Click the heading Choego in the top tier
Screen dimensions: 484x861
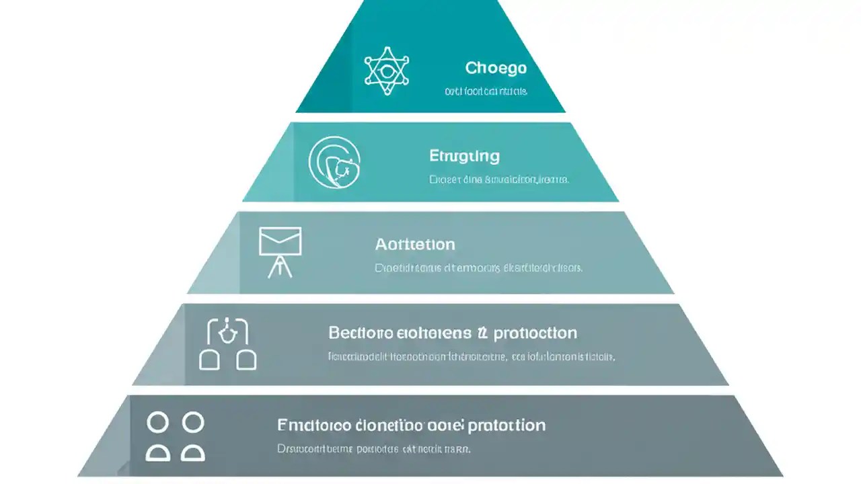coord(496,68)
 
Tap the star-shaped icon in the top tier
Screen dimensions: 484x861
coord(387,71)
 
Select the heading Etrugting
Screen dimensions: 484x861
coord(464,156)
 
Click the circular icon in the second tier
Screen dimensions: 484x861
coord(334,163)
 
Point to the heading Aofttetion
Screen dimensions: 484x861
coord(415,244)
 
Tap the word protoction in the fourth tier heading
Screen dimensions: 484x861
coord(535,333)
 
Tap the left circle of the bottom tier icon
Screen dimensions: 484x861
coord(157,423)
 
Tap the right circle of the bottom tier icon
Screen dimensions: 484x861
coord(193,423)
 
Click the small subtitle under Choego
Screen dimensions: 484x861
coord(486,91)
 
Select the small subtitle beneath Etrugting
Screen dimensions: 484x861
coord(498,179)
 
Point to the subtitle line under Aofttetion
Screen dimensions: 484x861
coord(478,268)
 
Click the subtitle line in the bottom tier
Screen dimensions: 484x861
coord(373,448)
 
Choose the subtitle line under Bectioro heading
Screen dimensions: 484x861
coord(471,357)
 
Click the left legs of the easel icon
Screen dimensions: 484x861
coord(273,268)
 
